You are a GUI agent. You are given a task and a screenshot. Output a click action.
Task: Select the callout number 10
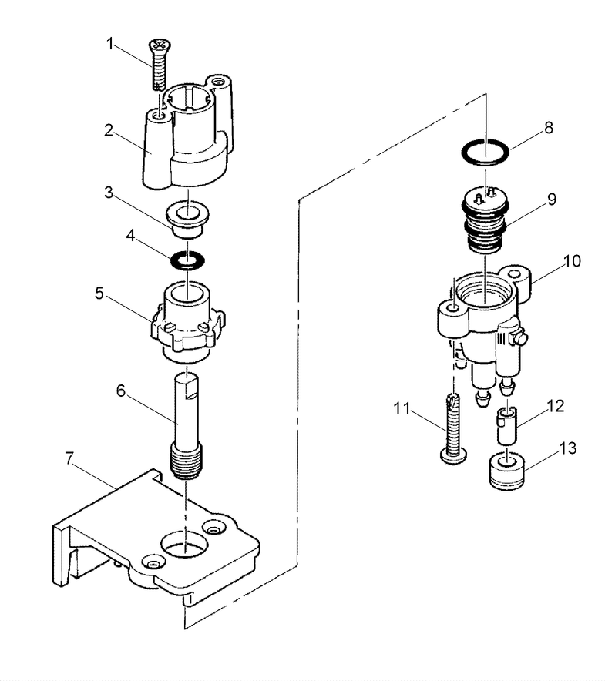tap(572, 262)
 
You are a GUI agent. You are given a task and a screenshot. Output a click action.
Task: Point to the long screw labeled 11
tap(452, 428)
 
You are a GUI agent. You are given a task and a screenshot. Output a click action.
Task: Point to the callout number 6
tap(120, 391)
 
